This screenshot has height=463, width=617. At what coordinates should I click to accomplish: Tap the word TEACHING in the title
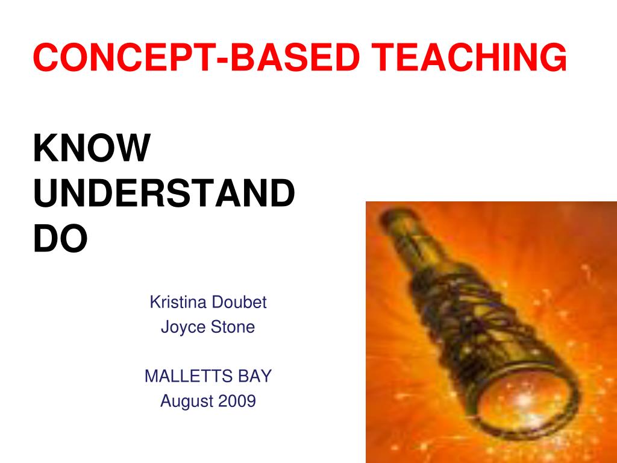[469, 58]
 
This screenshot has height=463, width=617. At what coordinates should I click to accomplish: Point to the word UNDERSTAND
[164, 194]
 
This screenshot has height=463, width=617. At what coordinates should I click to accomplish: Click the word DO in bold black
[60, 239]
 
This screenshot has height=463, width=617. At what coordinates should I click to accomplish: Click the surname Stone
[233, 327]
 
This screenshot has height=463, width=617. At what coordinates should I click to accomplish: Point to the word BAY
[255, 377]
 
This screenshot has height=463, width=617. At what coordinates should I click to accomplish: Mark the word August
[184, 401]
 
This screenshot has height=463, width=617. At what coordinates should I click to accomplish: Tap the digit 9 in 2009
[251, 401]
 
